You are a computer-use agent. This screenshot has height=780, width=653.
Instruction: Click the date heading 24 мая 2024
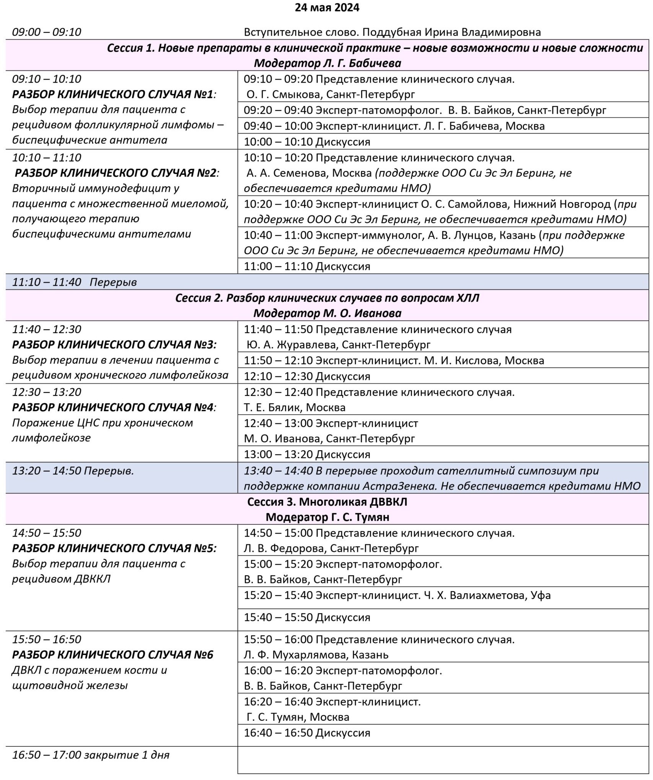click(x=327, y=8)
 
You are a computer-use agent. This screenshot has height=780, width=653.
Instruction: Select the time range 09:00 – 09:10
click(x=47, y=32)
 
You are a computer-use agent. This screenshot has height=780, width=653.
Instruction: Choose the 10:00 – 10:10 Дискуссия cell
click(x=307, y=142)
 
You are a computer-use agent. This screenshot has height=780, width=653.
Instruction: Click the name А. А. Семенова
click(x=287, y=173)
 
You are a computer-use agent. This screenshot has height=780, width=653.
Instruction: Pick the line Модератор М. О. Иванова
click(x=327, y=313)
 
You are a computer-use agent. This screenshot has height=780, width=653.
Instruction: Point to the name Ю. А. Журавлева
click(x=291, y=345)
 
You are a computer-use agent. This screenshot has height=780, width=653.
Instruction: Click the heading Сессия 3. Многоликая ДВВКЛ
click(x=327, y=502)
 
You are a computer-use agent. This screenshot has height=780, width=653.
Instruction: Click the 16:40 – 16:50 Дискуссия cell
click(x=307, y=733)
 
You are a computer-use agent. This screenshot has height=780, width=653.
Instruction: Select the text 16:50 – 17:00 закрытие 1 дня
click(x=91, y=755)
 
